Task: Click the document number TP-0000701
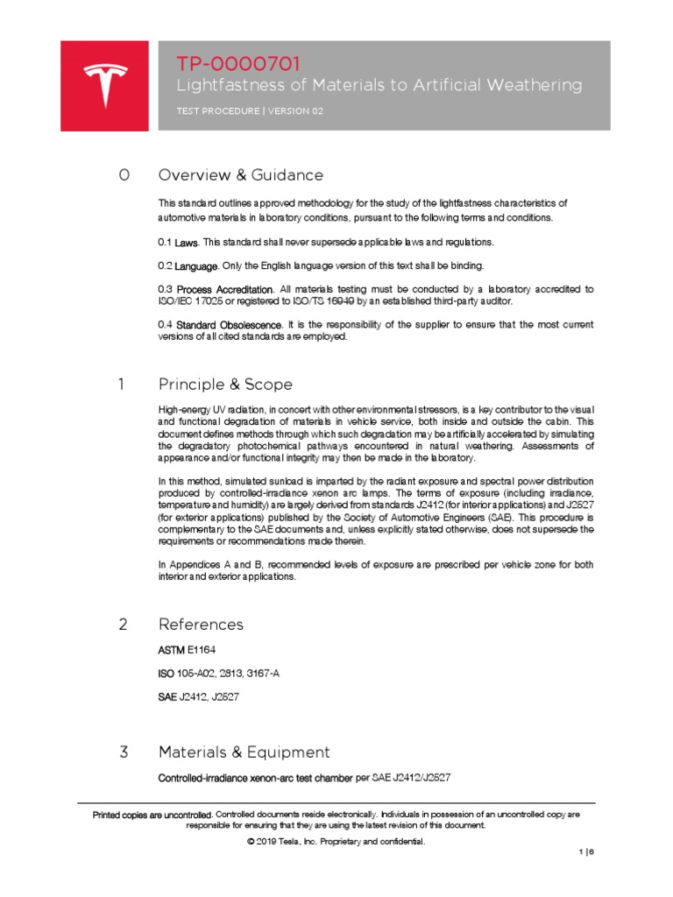click(x=238, y=63)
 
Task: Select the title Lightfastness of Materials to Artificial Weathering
click(x=379, y=85)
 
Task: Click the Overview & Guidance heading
click(x=240, y=175)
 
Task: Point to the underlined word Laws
click(x=186, y=242)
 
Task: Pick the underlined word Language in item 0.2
click(x=197, y=265)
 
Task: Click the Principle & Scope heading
click(x=225, y=385)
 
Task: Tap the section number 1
click(x=123, y=385)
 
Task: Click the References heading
click(x=201, y=625)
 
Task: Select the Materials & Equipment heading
click(x=244, y=752)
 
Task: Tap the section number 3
click(x=124, y=752)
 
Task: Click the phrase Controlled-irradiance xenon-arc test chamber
click(x=254, y=778)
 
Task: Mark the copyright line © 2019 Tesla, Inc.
click(x=336, y=842)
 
